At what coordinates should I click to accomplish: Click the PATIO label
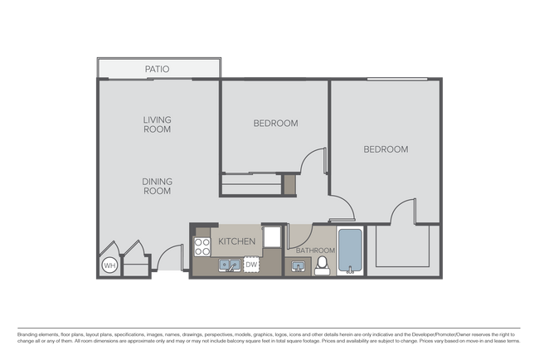coord(157,69)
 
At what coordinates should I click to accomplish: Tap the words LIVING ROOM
coord(157,124)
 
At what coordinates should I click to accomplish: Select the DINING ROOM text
coord(157,185)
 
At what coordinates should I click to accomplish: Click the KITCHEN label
coord(236,241)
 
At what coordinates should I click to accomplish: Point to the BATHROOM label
coord(316,251)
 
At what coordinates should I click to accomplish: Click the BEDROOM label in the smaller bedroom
coord(275,124)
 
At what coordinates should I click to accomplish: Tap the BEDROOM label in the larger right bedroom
coord(386,150)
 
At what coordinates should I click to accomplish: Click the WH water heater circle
coord(109,265)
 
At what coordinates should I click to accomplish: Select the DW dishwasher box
coord(251,265)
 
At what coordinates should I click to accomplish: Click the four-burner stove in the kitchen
coord(202,246)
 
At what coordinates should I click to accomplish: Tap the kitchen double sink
coord(228,265)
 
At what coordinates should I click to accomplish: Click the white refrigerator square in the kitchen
coord(273,236)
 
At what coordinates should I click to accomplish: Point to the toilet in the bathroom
coord(322,265)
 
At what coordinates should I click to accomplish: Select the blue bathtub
coord(352,252)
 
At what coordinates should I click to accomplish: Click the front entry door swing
coord(168,258)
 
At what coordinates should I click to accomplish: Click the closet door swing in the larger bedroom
coord(404,212)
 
